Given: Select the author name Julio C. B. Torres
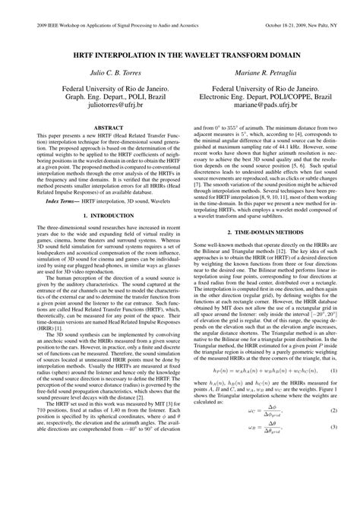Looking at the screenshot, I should [96, 71].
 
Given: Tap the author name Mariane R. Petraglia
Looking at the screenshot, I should [265, 71].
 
